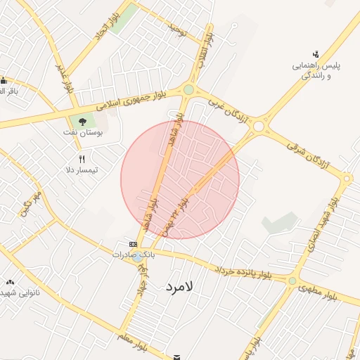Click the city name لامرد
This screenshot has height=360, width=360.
(185, 287)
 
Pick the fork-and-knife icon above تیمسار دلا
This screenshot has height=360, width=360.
(82, 159)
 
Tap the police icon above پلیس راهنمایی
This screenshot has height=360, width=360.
(316, 54)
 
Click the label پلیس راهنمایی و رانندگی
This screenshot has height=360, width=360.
(316, 70)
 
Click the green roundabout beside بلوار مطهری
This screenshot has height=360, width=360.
(292, 281)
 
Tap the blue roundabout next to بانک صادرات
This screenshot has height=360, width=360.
(137, 258)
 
